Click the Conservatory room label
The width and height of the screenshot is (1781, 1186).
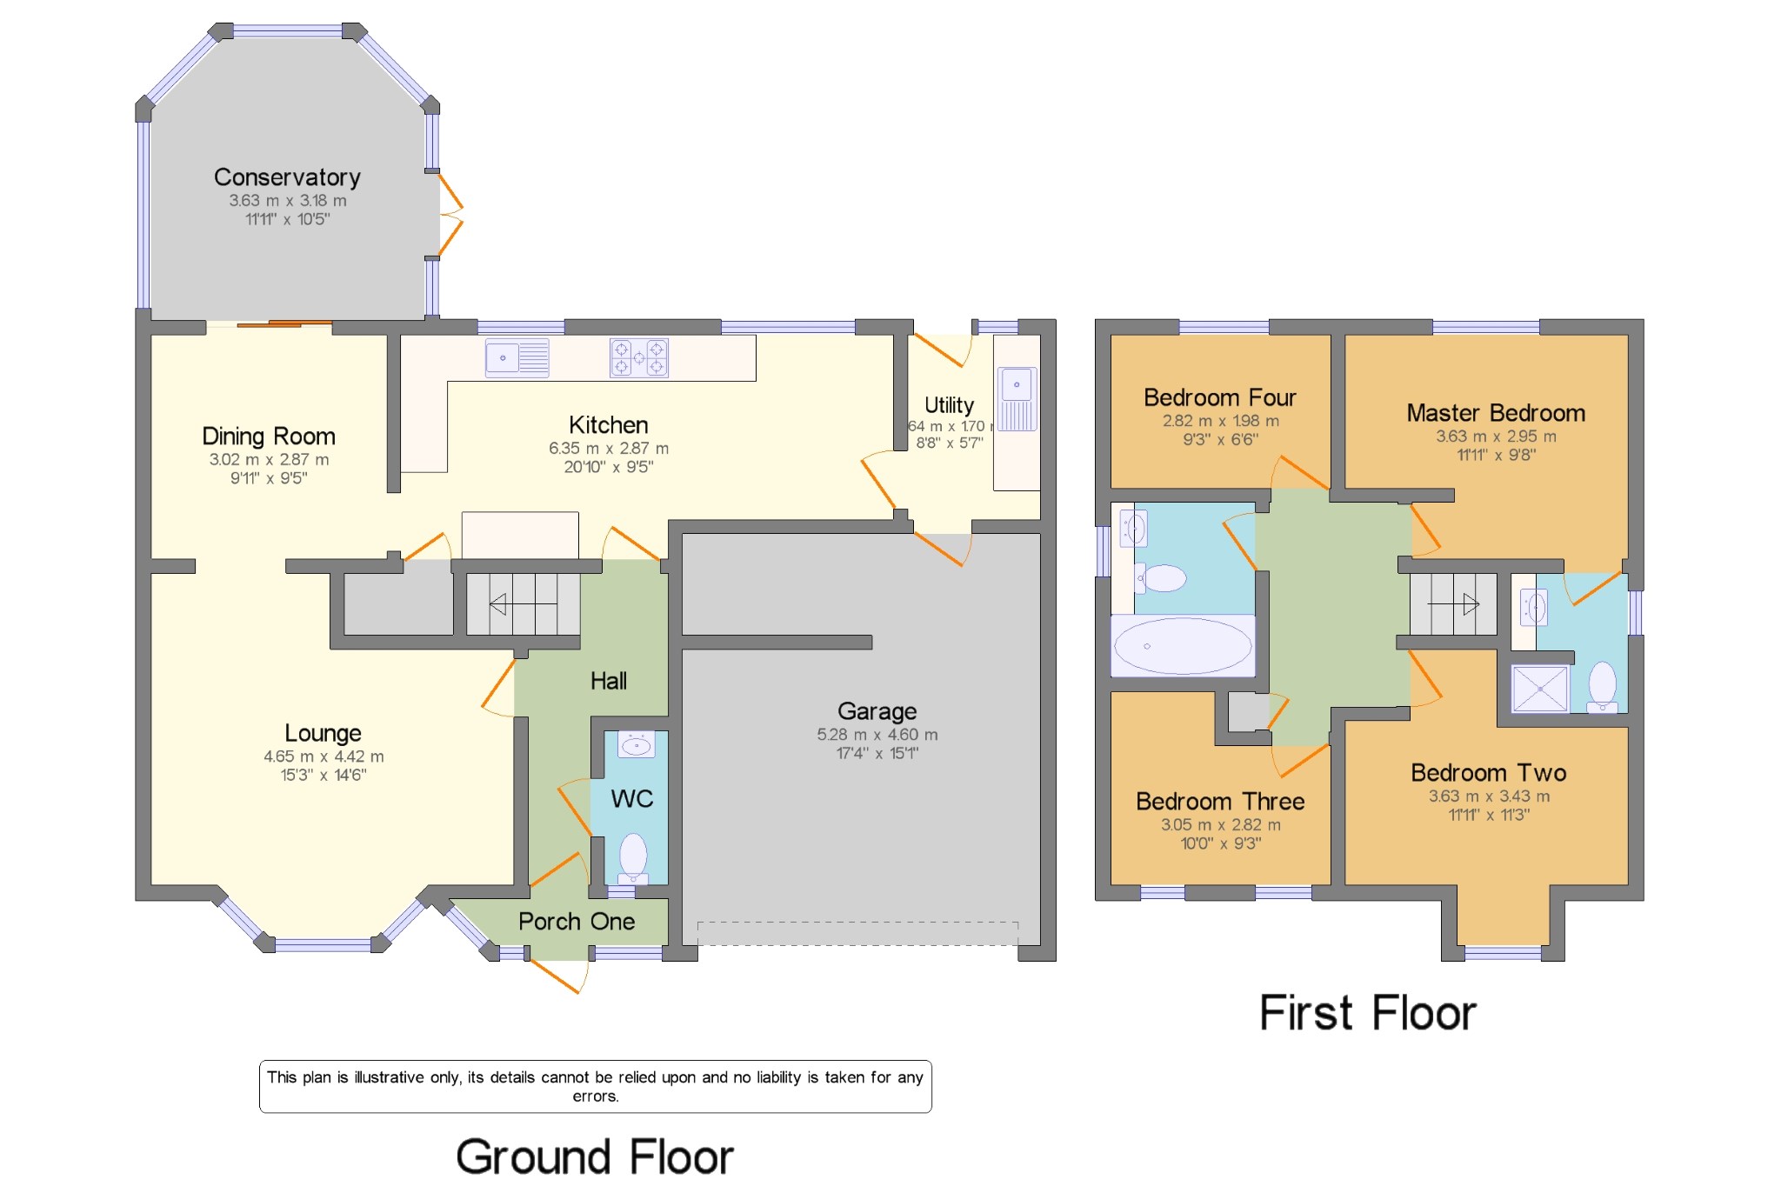(x=287, y=177)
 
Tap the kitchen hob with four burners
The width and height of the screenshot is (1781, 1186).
(x=639, y=357)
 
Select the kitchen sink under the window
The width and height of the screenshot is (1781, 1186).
(x=517, y=358)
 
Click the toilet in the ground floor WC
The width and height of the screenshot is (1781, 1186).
(x=633, y=859)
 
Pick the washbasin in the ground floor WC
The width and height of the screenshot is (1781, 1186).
(x=636, y=745)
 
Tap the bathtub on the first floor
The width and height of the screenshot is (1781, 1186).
(x=1183, y=646)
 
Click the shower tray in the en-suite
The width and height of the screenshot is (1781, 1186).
(x=1540, y=689)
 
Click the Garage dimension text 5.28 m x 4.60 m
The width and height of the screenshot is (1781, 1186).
(x=877, y=735)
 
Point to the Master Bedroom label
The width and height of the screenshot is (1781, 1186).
(x=1496, y=413)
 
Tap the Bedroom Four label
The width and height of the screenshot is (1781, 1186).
(x=1220, y=397)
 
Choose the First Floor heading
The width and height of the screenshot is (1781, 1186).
(x=1368, y=1013)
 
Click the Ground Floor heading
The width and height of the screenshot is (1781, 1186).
(x=595, y=1157)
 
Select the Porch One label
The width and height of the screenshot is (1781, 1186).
(x=577, y=922)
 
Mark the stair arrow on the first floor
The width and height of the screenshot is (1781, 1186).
(x=1453, y=603)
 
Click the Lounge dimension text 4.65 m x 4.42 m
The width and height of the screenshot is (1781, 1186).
(x=324, y=756)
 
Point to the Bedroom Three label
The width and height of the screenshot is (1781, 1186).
(x=1220, y=802)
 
